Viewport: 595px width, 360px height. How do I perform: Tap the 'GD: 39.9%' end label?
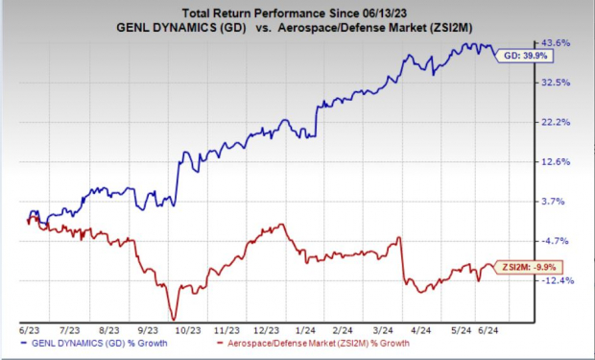point(525,56)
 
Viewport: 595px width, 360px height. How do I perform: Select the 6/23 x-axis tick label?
point(27,326)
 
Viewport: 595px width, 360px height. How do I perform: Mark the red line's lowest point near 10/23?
point(174,319)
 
